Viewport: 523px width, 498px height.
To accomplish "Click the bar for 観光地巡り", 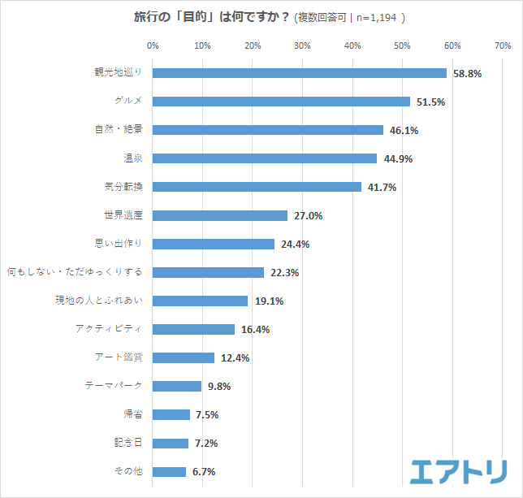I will tap(299, 73).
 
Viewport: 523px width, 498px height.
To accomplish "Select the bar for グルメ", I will tap(281, 102).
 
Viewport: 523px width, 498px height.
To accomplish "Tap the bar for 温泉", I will tap(265, 158).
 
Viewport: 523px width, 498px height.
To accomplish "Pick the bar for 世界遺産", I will tap(220, 215).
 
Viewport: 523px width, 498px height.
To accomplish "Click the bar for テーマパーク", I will tap(177, 386).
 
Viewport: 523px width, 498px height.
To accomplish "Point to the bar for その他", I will tap(169, 471).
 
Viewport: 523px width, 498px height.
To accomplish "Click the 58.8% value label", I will tap(466, 73).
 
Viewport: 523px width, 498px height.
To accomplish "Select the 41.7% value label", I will tap(381, 187).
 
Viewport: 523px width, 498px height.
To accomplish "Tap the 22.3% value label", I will tap(283, 272).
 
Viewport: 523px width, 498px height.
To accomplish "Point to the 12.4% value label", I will tap(234, 357).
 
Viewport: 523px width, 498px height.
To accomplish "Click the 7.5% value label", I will tap(206, 414).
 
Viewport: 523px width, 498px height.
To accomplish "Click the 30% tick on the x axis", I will tap(302, 44).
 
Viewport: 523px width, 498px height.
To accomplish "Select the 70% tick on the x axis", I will tap(502, 44).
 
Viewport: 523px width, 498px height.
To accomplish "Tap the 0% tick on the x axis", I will tap(153, 44).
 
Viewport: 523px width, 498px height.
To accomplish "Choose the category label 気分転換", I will tap(123, 187).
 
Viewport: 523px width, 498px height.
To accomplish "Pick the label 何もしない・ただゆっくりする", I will tap(75, 272).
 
